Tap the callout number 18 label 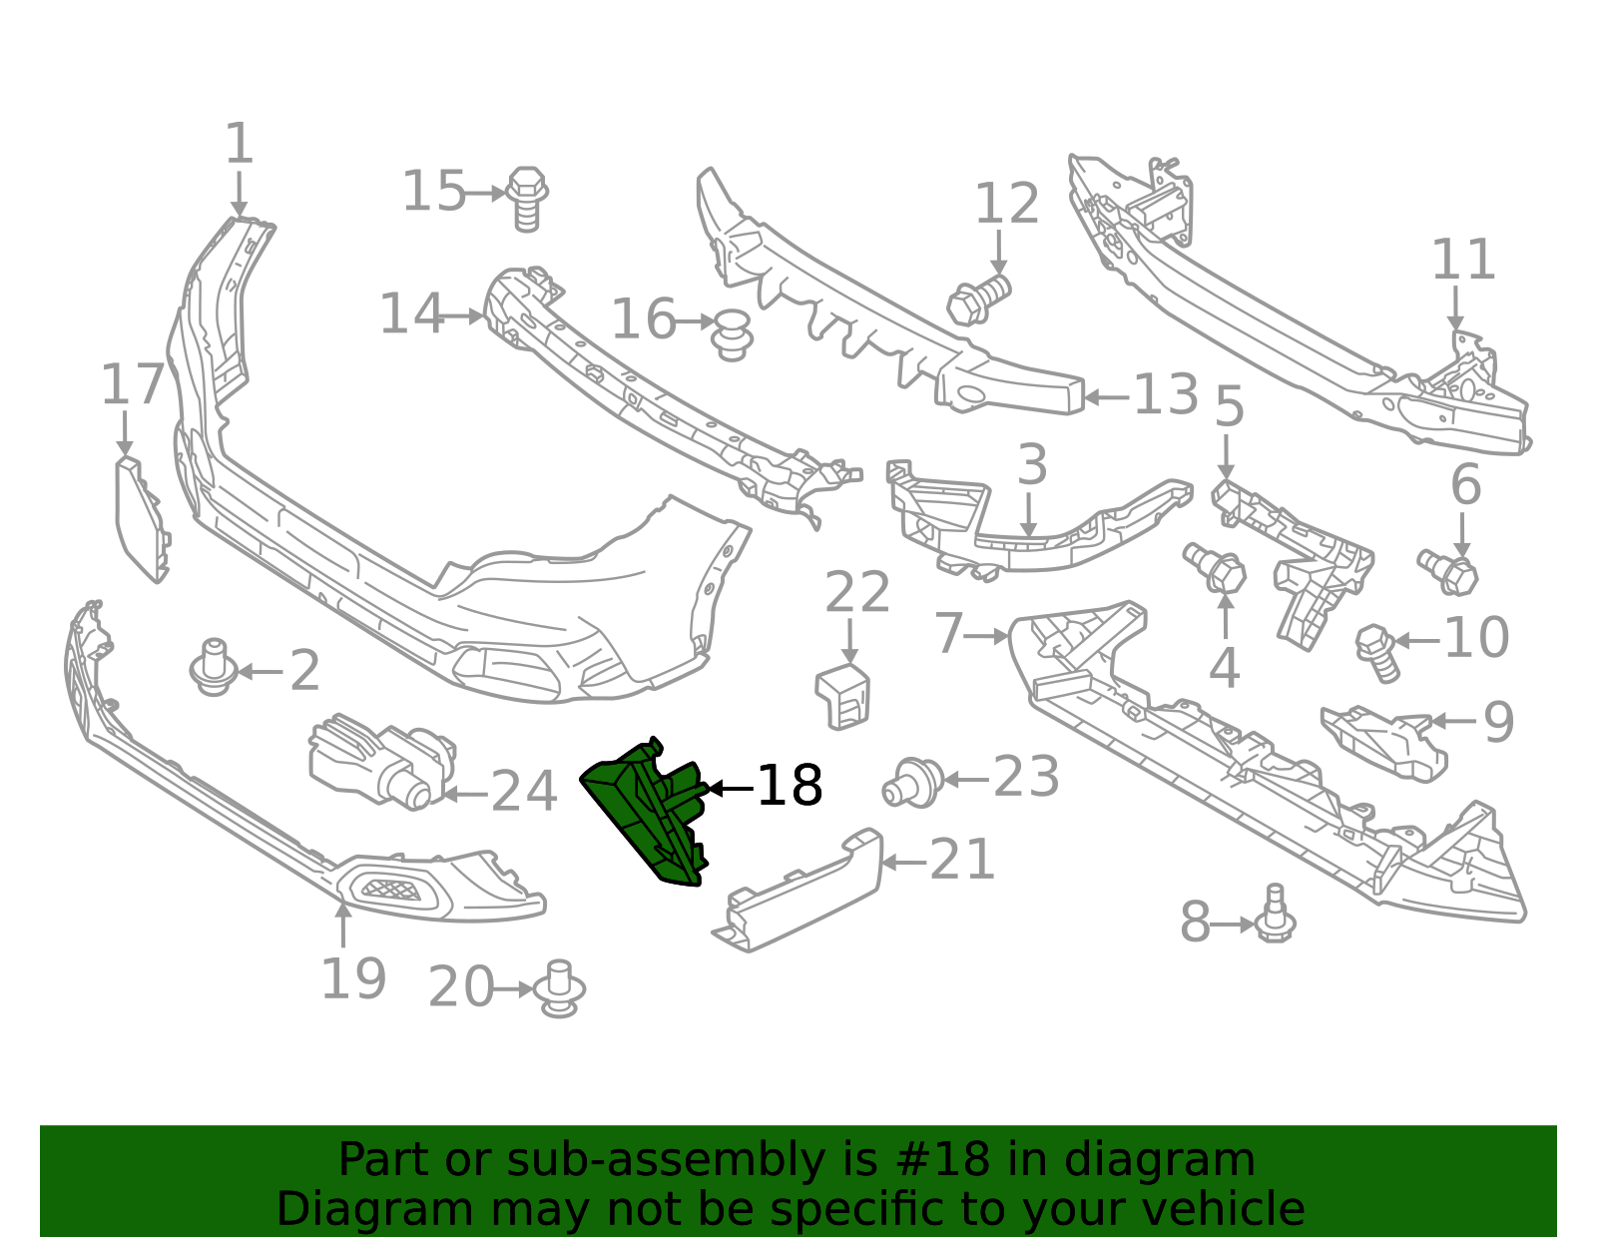coord(790,786)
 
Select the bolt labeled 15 coord(527,199)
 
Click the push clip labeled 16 coord(732,335)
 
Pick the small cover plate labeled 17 coord(142,519)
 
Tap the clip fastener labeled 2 coord(214,667)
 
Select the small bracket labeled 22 coord(842,696)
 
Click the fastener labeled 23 coord(913,784)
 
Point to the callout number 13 coord(1166,394)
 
